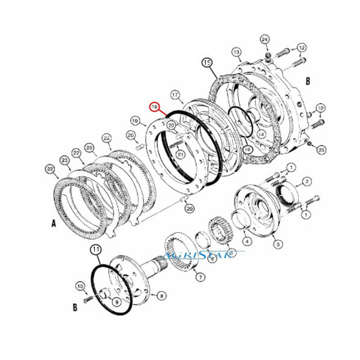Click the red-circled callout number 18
click(155, 107)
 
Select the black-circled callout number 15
click(206, 63)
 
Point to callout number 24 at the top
click(265, 39)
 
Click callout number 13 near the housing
click(236, 52)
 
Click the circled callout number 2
click(306, 181)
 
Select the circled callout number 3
click(277, 244)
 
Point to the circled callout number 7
click(200, 277)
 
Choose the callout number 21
click(180, 155)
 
